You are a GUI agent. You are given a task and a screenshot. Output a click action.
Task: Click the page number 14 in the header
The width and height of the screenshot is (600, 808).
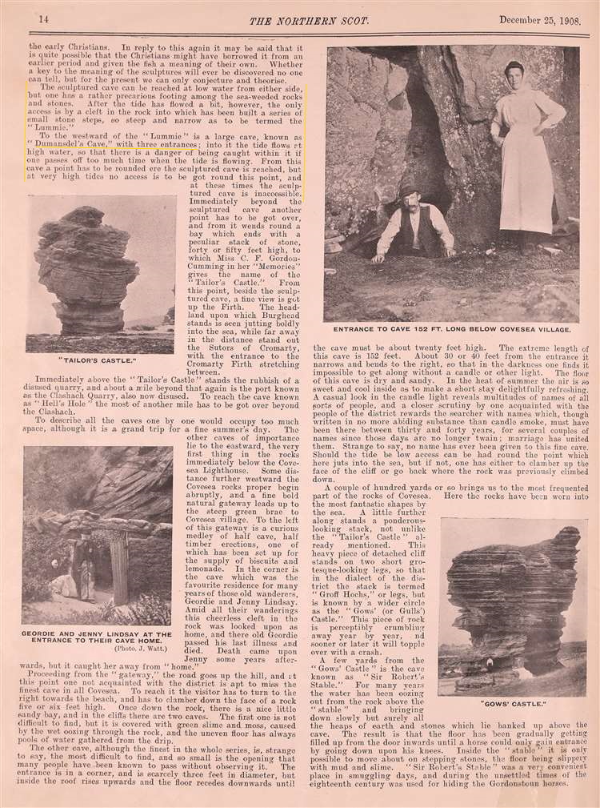(x=43, y=19)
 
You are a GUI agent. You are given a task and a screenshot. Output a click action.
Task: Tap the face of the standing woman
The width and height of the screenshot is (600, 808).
(x=514, y=74)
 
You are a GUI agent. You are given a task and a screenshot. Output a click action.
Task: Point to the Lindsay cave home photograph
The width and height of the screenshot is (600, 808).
(x=98, y=535)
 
